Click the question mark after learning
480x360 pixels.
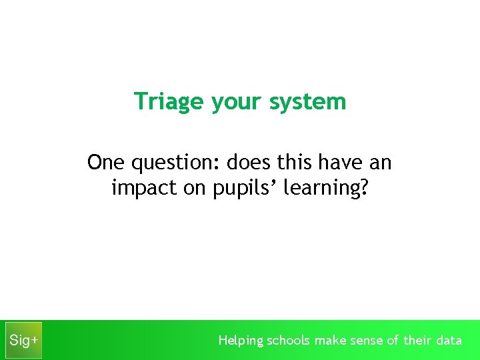point(363,189)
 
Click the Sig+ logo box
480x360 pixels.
point(23,340)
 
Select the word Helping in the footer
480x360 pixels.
point(241,341)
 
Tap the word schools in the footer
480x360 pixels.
point(289,340)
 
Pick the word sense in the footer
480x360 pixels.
point(367,341)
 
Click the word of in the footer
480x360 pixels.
point(393,340)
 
